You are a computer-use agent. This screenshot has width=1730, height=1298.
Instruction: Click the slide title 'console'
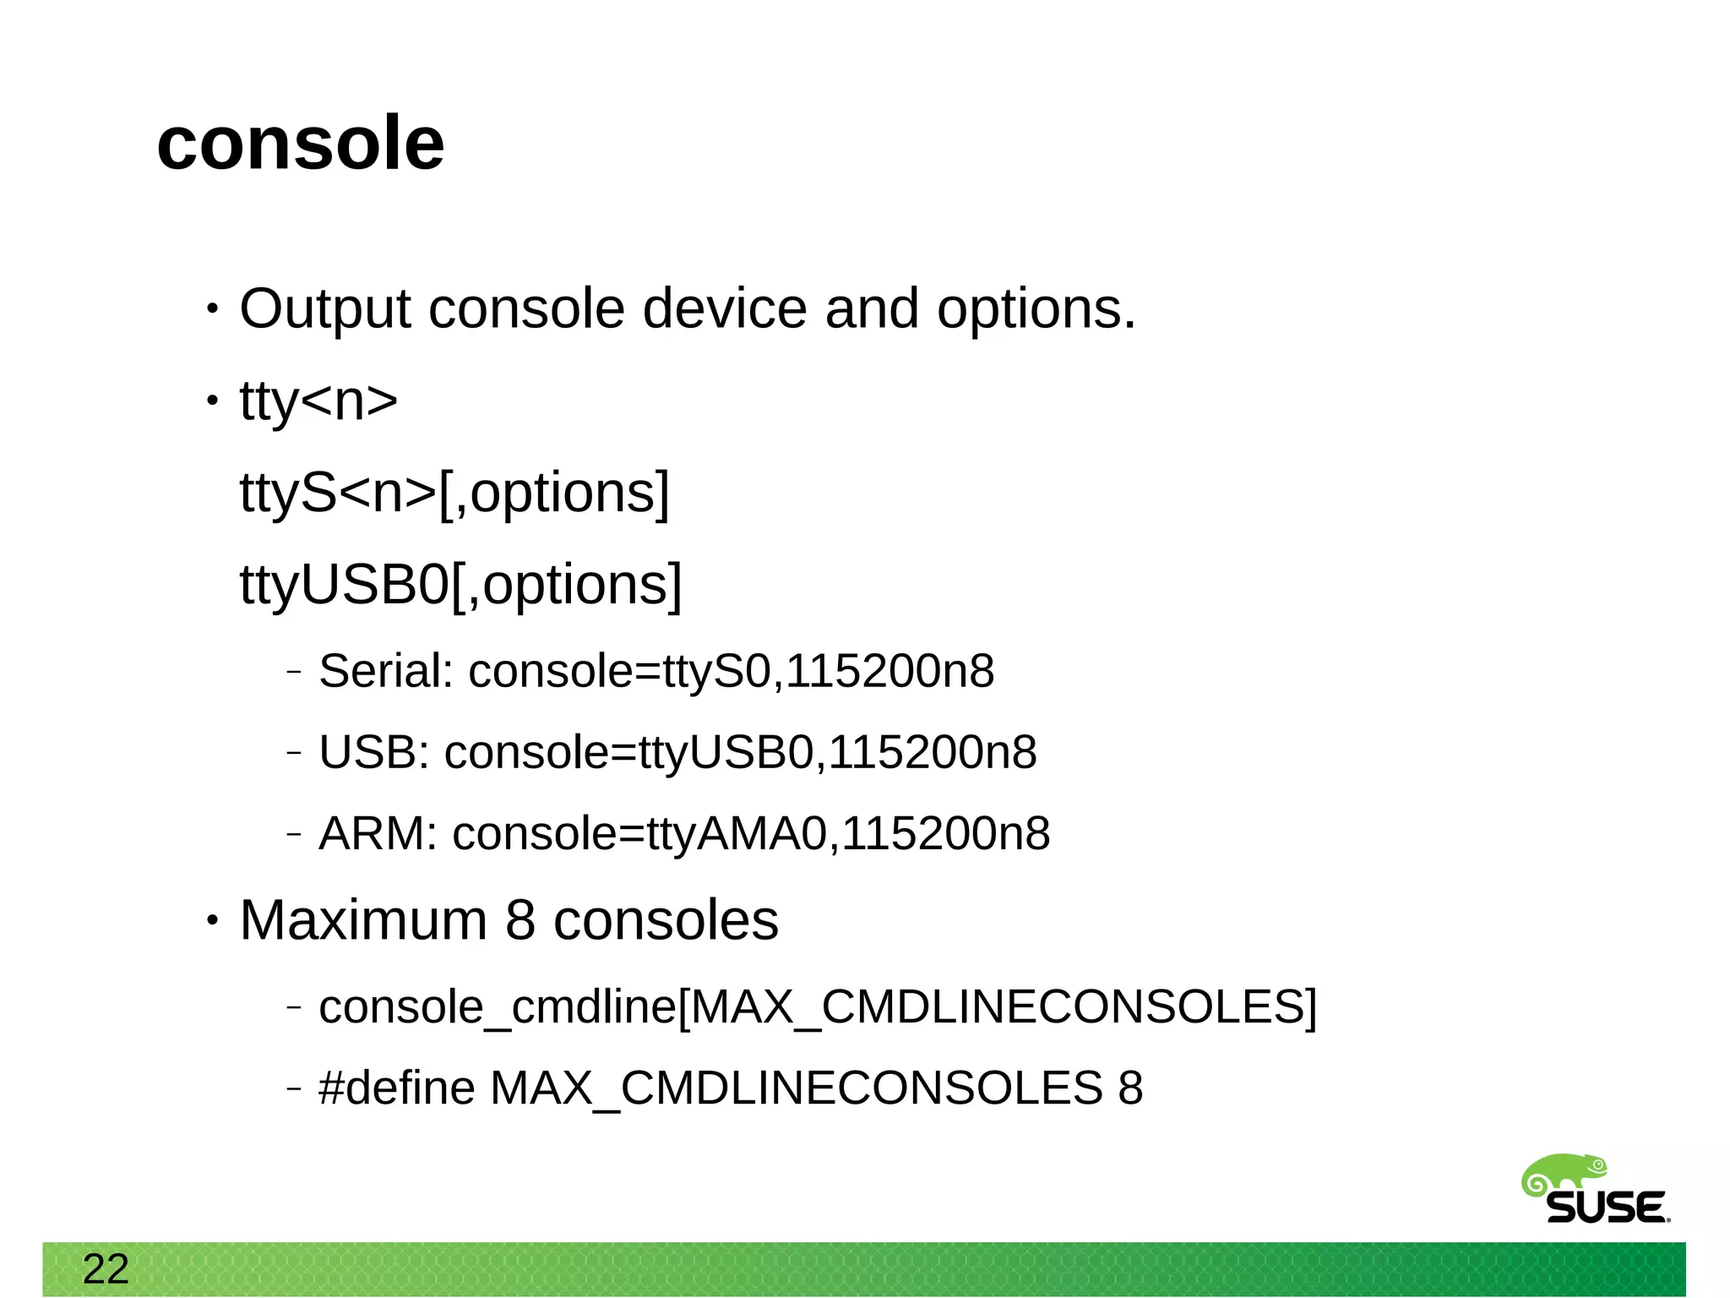pos(300,144)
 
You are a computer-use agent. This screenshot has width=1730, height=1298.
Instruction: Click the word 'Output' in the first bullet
pos(324,309)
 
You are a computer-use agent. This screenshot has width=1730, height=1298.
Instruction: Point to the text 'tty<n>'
pos(318,401)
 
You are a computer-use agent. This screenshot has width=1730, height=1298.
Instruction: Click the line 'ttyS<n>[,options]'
pos(454,493)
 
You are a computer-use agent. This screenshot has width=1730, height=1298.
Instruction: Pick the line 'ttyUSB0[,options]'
pos(460,585)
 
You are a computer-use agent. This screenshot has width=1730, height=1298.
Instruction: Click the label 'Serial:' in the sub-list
pos(386,672)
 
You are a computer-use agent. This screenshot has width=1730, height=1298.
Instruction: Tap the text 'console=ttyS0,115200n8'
pos(732,672)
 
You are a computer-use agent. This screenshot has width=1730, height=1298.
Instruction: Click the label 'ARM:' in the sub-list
pos(378,834)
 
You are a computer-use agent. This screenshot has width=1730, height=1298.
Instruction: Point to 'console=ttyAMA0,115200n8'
pos(751,834)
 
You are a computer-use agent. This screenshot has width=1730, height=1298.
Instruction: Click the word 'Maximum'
pos(363,920)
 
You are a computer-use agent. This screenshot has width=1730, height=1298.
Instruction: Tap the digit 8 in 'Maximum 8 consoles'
pos(520,920)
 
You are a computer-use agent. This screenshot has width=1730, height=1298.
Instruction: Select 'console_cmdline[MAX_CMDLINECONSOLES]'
pos(818,1007)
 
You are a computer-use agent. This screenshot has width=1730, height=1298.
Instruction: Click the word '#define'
pos(396,1088)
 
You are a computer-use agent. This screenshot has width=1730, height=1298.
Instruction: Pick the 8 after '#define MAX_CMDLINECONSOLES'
pos(1130,1088)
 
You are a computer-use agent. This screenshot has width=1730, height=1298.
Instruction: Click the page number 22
pos(106,1269)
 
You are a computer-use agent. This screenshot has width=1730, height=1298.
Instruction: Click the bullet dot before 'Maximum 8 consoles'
pos(212,920)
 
